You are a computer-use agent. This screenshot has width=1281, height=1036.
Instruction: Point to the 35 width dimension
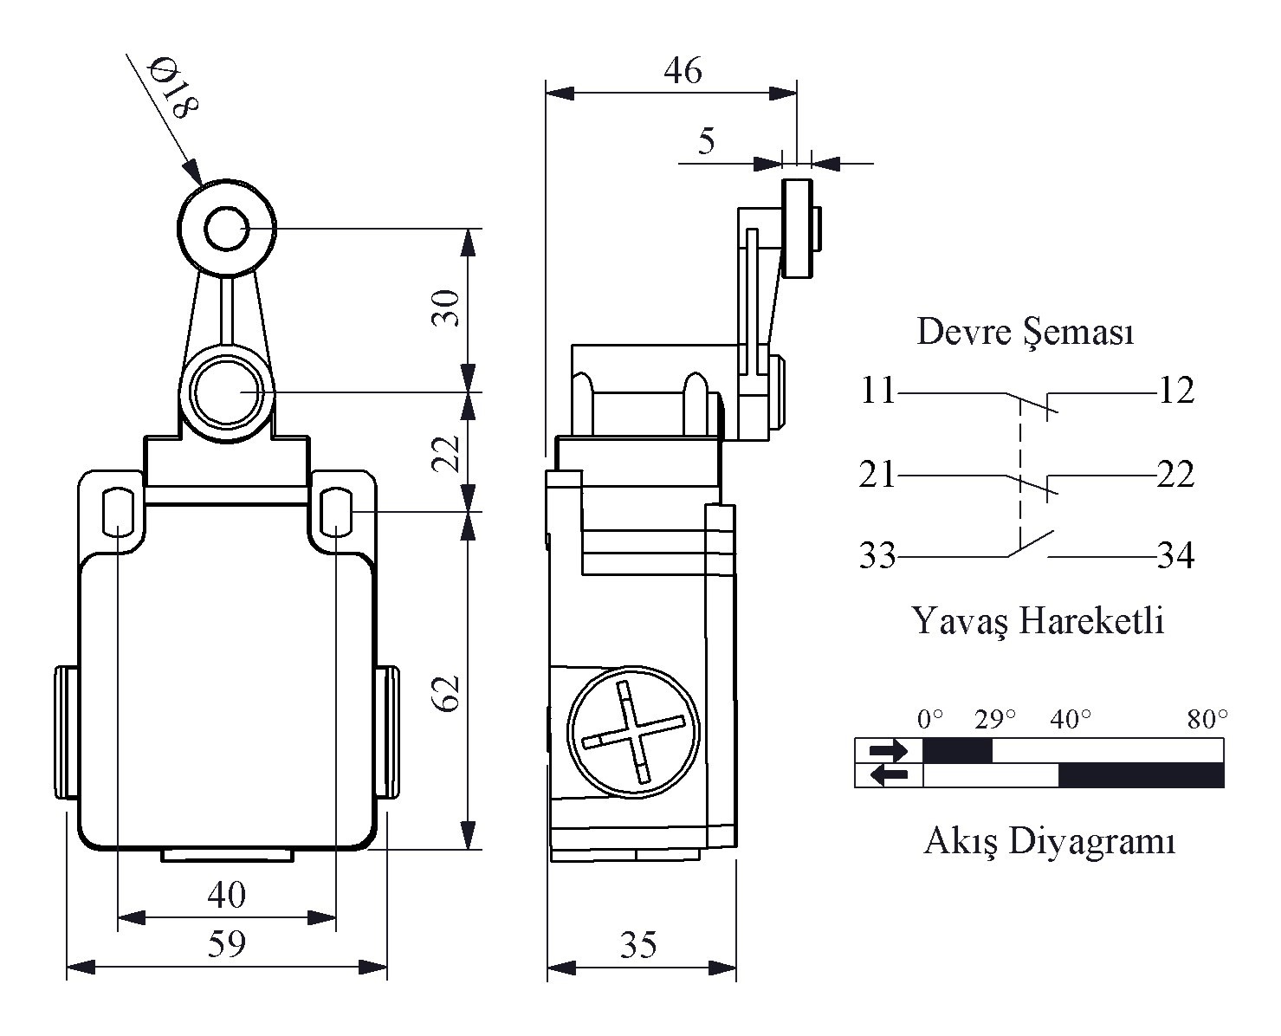(x=638, y=945)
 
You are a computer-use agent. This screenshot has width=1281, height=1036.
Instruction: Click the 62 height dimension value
(x=446, y=692)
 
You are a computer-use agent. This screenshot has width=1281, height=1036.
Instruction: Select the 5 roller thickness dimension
(x=707, y=140)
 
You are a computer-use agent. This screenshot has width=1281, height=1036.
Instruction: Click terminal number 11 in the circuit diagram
(x=877, y=392)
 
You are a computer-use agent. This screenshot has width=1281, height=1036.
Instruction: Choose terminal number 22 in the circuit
(x=1175, y=475)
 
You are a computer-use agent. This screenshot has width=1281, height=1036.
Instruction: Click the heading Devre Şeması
(x=1025, y=332)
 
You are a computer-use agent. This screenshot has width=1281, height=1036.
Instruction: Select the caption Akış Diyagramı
(x=1049, y=840)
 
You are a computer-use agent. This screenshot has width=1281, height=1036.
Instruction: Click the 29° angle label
(x=994, y=719)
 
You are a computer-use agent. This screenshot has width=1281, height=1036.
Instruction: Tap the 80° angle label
(x=1207, y=719)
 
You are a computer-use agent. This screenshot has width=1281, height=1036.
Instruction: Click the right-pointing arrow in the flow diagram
(x=889, y=750)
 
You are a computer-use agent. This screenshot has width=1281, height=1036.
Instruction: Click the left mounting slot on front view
(x=116, y=510)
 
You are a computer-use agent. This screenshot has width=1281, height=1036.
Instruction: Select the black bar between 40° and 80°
(x=1141, y=775)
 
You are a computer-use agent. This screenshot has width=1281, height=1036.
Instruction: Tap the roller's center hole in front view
(x=228, y=230)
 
